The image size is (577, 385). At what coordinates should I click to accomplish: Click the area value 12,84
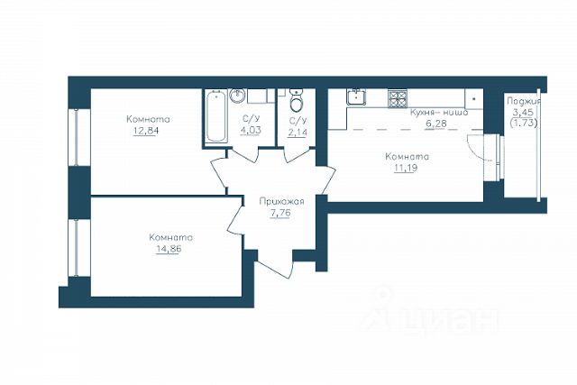[145, 131]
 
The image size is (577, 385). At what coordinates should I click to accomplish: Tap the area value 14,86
[169, 249]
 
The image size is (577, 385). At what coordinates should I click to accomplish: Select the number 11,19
[406, 169]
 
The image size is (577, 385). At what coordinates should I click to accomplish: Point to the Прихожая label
[281, 202]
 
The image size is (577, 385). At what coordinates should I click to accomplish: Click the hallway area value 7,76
[280, 213]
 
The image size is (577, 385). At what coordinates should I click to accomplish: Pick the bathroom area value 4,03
[251, 131]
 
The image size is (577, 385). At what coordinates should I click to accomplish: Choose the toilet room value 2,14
[297, 133]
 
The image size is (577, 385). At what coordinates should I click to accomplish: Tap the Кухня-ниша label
[439, 113]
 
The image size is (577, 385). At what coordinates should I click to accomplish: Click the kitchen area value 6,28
[436, 124]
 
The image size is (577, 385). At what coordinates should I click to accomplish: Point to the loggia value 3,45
[523, 112]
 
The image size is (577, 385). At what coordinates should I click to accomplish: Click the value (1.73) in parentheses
[524, 123]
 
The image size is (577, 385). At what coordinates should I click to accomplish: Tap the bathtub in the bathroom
[215, 116]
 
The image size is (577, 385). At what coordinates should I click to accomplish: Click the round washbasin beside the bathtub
[237, 95]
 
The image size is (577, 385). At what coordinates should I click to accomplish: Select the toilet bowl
[296, 100]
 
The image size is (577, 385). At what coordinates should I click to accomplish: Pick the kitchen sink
[356, 96]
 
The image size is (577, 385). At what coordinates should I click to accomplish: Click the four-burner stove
[398, 98]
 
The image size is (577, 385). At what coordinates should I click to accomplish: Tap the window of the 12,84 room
[76, 137]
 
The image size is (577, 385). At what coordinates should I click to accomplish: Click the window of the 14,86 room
[76, 248]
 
